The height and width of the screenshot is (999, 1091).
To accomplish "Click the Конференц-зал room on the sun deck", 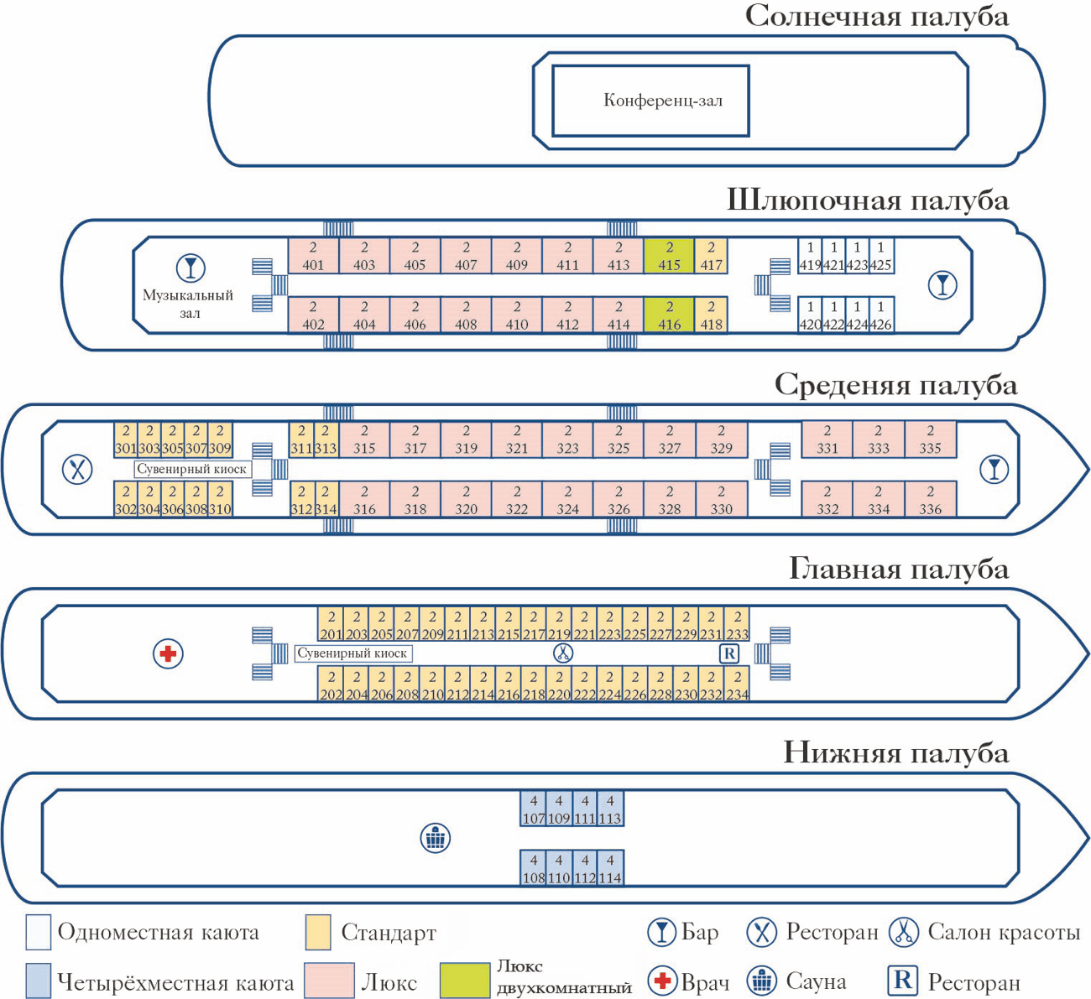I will pos(650,101).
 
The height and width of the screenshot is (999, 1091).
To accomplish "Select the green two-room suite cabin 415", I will pos(669,256).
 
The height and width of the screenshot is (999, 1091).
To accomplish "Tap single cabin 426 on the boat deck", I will pos(881,315).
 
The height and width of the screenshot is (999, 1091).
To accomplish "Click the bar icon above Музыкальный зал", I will pos(191,268).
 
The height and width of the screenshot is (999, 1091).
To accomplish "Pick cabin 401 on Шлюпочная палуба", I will pos(313,256).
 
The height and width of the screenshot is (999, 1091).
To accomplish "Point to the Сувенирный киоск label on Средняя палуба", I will pos(192,470).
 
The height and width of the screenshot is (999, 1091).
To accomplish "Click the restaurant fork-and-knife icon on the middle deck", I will pos(78,469).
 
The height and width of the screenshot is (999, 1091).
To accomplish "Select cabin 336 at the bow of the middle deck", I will pos(930,500).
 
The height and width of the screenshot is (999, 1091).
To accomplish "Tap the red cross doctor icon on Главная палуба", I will pos(168,653).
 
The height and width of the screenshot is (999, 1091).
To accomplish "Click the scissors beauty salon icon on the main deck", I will pos(562,653).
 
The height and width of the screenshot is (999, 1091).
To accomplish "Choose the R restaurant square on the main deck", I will pos(729,653).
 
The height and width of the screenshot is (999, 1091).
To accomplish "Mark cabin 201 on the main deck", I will pos(331,626).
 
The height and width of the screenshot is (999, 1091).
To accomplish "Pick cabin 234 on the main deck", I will pos(737,685).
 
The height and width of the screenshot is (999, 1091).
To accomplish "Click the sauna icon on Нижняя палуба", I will pos(435,837).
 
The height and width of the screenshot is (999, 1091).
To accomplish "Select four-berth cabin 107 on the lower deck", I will pos(533,809).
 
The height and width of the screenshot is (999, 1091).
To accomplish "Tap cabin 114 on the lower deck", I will pos(610,869).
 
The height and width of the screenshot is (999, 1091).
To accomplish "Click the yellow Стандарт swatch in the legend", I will pos(318,933).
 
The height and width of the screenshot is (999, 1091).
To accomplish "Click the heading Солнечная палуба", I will pos(876,16).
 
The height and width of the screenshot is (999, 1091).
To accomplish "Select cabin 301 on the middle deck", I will pos(125,440).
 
